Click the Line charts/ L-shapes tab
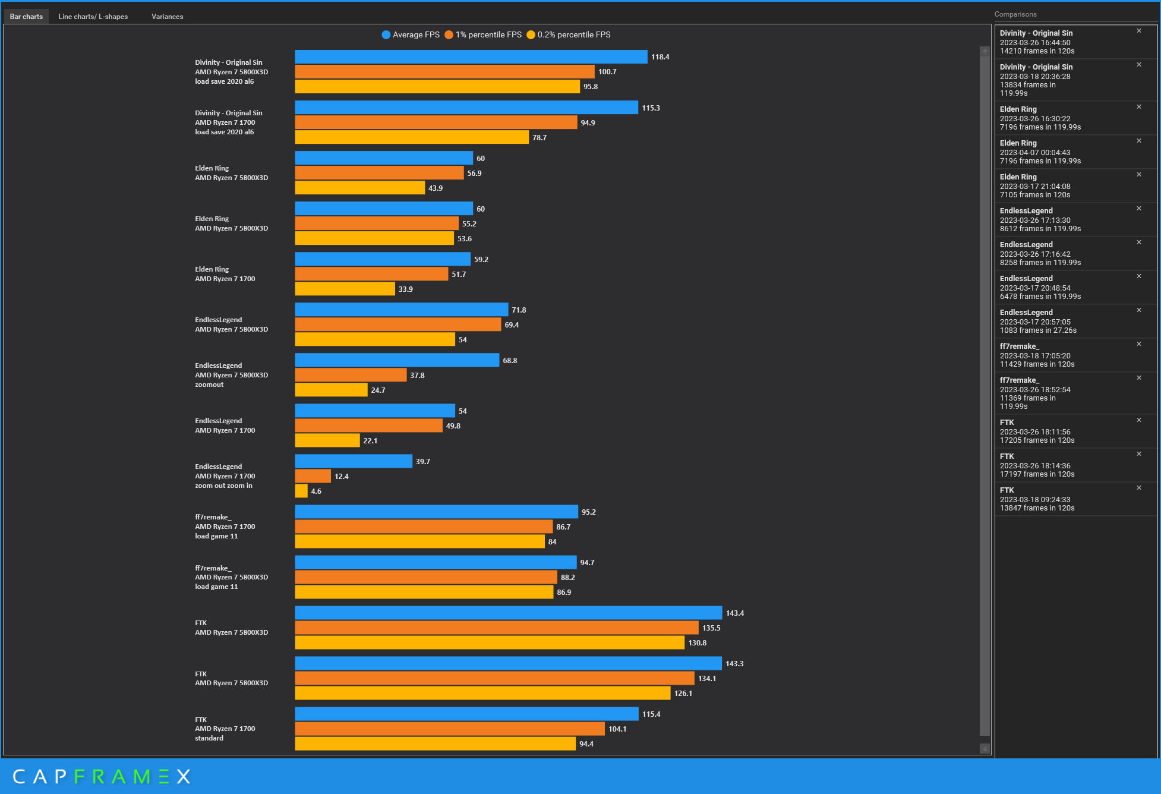(93, 17)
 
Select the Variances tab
(167, 17)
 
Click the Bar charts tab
(26, 17)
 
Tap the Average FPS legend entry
(411, 35)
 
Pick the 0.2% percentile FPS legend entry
(569, 35)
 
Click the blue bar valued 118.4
(471, 57)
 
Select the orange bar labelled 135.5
(496, 628)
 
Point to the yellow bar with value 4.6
(301, 491)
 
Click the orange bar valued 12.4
(313, 476)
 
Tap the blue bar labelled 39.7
(354, 461)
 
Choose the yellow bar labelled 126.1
(482, 693)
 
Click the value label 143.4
(734, 613)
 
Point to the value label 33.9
(405, 289)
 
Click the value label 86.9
(564, 593)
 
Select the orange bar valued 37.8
(351, 375)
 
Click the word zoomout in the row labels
(209, 385)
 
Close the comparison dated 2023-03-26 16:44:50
(1139, 31)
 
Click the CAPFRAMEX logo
(102, 776)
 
